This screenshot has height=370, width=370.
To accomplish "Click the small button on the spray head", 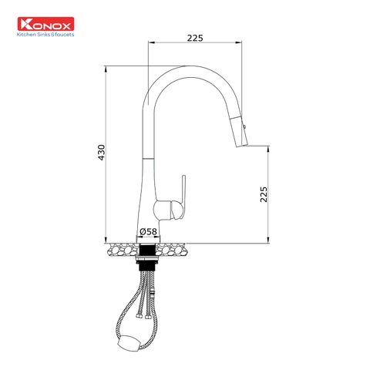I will tap(246, 124).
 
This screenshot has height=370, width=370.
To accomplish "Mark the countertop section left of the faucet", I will tap(123, 249).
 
